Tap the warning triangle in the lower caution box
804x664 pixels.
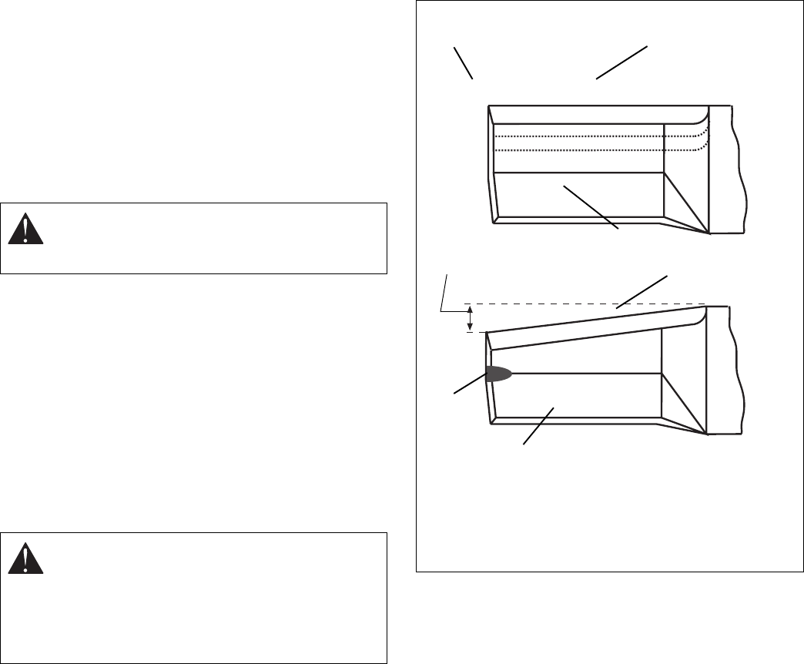(x=25, y=558)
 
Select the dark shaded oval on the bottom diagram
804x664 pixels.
(x=499, y=374)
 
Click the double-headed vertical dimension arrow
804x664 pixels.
(x=470, y=317)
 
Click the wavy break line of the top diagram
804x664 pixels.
(x=741, y=169)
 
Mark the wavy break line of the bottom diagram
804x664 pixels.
(x=741, y=370)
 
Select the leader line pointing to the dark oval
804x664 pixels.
(x=469, y=384)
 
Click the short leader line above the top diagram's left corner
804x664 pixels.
(x=463, y=63)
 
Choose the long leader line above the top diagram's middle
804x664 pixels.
(x=621, y=62)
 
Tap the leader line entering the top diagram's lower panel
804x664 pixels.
(x=591, y=206)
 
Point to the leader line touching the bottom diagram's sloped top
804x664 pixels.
(x=642, y=292)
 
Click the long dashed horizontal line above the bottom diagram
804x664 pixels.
(x=585, y=303)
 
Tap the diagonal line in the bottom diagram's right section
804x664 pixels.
(x=684, y=403)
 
